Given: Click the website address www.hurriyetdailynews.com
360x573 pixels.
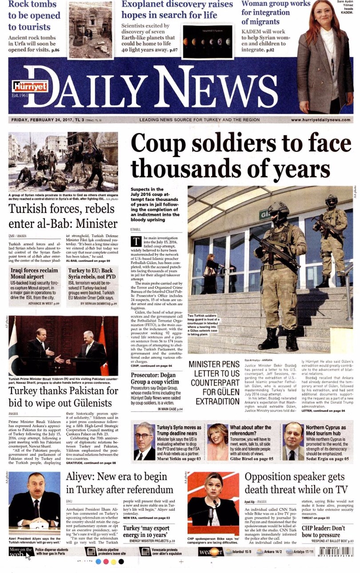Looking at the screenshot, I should (320, 120).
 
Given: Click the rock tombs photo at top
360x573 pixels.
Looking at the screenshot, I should (90, 30).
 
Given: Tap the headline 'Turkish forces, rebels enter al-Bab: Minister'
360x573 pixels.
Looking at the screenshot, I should (62, 216).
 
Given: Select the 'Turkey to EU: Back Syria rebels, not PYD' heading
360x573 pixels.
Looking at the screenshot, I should (91, 273).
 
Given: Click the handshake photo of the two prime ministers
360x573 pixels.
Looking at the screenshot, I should (64, 346).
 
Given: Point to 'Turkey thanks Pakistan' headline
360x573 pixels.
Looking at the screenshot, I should (63, 397).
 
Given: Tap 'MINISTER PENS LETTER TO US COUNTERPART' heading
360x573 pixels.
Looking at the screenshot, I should (215, 383).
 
